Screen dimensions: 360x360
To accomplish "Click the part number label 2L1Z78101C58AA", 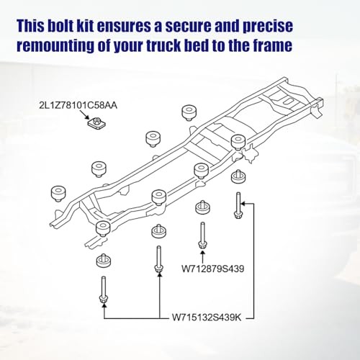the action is (x=78, y=105).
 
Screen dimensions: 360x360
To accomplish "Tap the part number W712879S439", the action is (x=212, y=269).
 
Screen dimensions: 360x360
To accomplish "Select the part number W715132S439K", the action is (x=207, y=318).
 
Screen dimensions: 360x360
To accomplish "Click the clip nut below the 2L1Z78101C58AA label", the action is (x=96, y=122).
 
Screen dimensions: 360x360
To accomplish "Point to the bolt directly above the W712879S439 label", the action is (x=202, y=235).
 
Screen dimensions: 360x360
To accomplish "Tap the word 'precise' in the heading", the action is (x=268, y=27).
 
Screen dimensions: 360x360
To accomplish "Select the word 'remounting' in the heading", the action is (x=55, y=46).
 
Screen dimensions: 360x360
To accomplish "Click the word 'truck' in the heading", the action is (x=163, y=45).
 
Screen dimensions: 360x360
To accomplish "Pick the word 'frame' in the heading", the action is (x=273, y=45).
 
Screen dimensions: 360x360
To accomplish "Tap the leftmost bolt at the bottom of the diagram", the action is (x=104, y=290).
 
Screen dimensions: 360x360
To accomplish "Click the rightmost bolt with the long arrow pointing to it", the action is (x=238, y=205).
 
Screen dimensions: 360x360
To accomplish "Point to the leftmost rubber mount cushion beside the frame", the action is (x=58, y=194).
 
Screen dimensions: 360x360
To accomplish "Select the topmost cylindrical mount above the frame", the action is (x=189, y=112).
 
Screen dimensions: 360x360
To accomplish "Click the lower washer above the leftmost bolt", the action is (x=104, y=261).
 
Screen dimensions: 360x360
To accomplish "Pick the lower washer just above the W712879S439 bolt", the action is (x=203, y=207).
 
